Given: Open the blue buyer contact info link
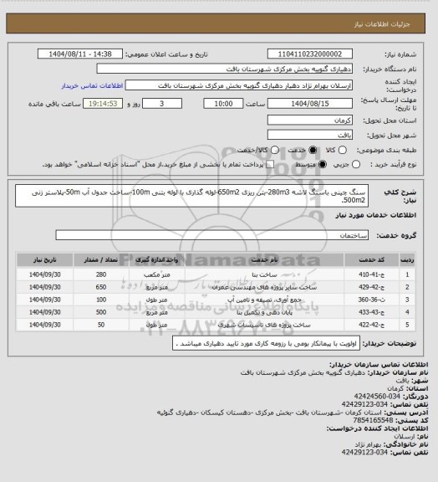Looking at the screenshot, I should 93,85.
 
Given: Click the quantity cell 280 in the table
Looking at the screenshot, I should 101,274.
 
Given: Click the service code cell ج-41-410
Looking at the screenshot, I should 410,274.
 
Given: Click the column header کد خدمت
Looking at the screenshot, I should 410,259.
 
